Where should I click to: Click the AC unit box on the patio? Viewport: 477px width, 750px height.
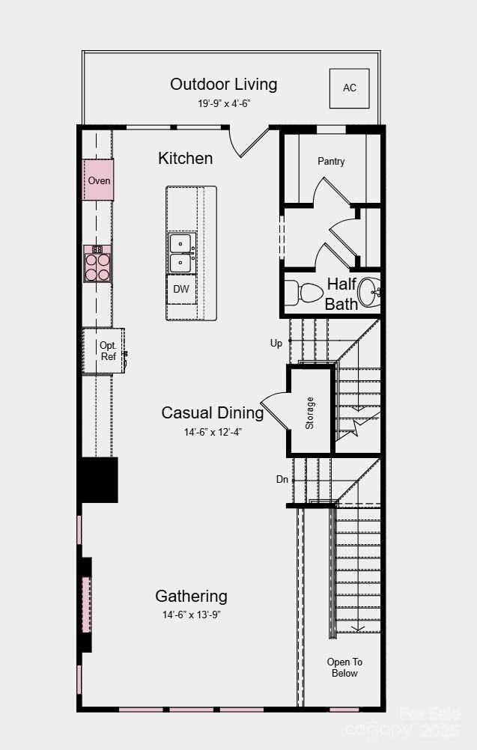(350, 88)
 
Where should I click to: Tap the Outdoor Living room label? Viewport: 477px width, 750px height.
(223, 84)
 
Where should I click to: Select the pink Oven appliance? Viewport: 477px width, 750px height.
(98, 180)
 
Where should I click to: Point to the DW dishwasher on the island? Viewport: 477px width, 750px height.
(181, 289)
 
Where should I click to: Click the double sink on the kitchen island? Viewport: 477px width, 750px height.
(180, 253)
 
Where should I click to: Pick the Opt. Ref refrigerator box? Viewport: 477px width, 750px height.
(105, 351)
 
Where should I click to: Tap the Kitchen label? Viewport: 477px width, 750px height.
(185, 158)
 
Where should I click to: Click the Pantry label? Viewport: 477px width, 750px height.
(331, 161)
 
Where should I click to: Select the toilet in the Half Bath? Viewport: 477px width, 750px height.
(301, 291)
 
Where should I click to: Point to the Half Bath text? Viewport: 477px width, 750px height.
(341, 294)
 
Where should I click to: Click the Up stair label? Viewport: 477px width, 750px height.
(276, 343)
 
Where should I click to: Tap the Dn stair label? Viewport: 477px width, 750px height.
(282, 479)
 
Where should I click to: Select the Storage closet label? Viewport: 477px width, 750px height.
(310, 412)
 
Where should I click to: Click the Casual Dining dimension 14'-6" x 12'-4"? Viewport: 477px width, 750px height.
(213, 432)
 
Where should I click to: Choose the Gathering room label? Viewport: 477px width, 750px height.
(191, 596)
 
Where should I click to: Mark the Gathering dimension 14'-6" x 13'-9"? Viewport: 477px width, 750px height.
(191, 615)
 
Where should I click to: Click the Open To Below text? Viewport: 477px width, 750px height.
(344, 667)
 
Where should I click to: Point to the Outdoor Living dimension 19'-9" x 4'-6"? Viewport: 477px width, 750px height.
(223, 103)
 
